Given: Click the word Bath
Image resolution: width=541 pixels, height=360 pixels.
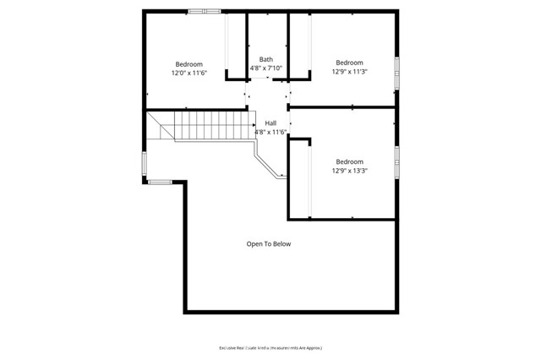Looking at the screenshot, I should (265, 59).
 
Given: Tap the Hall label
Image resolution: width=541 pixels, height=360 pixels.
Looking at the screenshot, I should (270, 123).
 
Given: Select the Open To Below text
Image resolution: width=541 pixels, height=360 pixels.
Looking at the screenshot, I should (269, 244).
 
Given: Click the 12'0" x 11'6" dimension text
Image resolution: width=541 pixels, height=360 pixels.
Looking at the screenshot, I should (189, 74).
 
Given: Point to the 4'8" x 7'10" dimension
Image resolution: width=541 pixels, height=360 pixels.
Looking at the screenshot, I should (265, 68).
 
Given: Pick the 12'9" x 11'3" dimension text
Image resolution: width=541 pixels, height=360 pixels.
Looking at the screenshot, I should (349, 72).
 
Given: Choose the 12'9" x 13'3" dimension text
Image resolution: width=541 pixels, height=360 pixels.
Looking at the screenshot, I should (349, 171).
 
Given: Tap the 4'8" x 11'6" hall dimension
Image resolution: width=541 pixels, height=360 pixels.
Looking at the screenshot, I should (270, 132).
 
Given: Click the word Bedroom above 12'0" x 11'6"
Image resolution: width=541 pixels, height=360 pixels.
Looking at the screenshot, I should (189, 64).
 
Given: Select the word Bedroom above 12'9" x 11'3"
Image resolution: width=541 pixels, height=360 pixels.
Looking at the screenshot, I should (349, 63).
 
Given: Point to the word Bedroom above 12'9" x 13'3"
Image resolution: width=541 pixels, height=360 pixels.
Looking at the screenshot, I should (349, 161).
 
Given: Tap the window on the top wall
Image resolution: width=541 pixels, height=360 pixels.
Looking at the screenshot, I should (204, 11).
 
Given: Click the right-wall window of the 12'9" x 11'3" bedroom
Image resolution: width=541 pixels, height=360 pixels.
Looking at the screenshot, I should (396, 72).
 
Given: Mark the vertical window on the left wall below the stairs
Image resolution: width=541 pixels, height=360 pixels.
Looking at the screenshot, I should (145, 163).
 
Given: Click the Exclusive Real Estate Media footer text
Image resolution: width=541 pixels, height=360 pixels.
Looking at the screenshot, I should (270, 347).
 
